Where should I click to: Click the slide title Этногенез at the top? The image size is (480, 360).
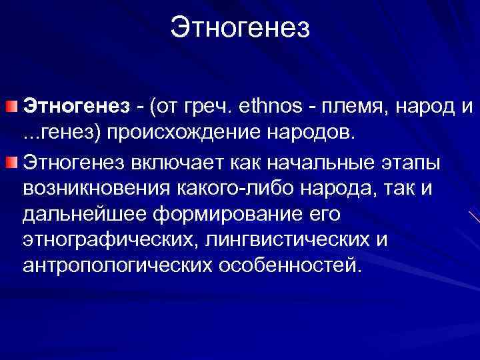[x=240, y=28]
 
